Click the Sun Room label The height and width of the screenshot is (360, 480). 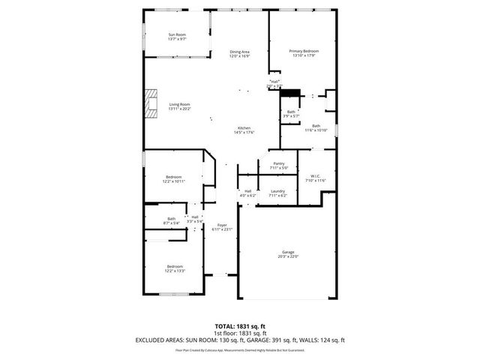tap(177, 35)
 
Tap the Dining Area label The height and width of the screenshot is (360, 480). tap(239, 52)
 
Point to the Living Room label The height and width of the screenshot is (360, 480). tap(179, 104)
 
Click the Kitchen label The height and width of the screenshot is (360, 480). tap(244, 128)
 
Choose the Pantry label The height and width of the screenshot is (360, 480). tap(278, 163)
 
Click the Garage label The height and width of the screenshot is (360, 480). tap(288, 252)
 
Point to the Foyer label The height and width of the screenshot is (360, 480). tap(222, 225)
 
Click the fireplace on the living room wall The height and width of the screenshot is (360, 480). tap(152, 103)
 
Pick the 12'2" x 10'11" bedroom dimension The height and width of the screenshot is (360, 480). tap(173, 181)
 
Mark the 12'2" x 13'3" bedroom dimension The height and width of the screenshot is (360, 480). tap(175, 271)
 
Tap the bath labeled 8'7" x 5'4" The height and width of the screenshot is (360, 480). tap(172, 223)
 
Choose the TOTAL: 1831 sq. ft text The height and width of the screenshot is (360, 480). tap(239, 326)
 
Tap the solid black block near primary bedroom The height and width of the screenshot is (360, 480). tap(290, 94)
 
